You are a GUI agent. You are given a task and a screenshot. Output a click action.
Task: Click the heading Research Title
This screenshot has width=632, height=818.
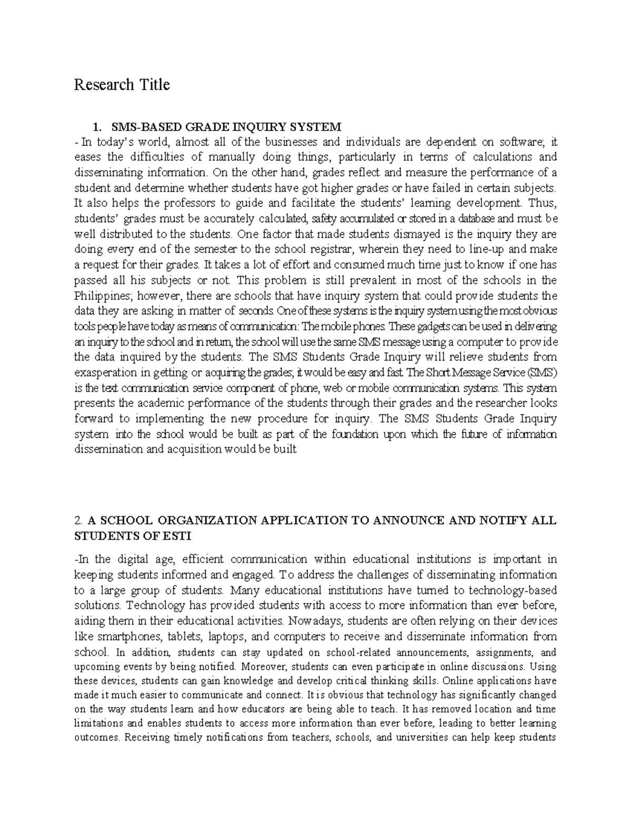tap(122, 84)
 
